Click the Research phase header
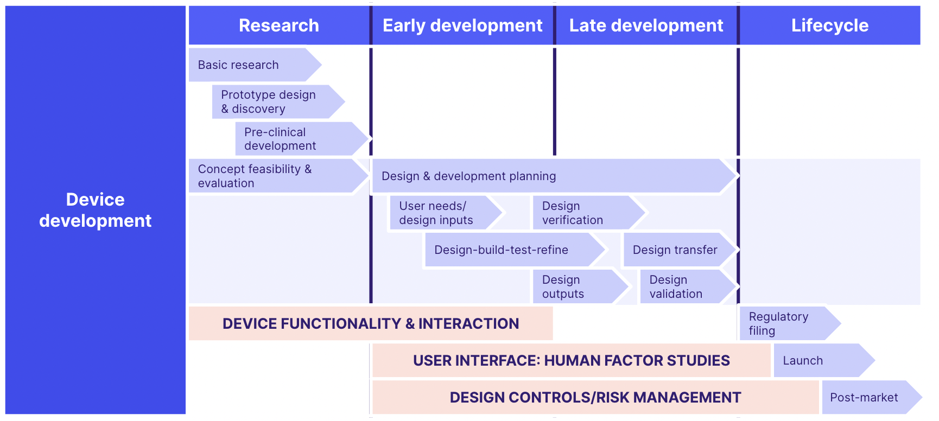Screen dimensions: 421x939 pyautogui.click(x=279, y=25)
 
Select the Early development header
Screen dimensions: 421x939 pyautogui.click(x=462, y=25)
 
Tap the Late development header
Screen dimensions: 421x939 pyautogui.click(x=646, y=25)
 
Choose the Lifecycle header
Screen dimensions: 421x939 pyautogui.click(x=829, y=25)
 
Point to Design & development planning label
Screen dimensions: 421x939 pyautogui.click(x=468, y=176)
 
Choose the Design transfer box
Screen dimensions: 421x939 pyautogui.click(x=675, y=250)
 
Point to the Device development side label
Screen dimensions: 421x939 pyautogui.click(x=96, y=210)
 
